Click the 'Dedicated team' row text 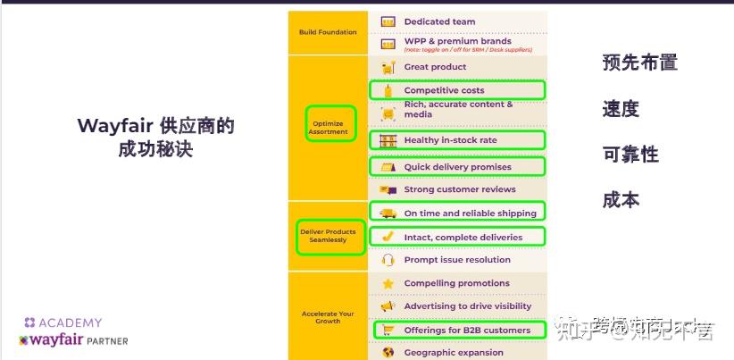point(439,21)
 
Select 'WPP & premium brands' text point(457,41)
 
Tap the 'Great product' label point(435,67)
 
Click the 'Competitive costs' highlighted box point(456,90)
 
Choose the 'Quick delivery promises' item point(456,167)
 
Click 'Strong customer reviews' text point(460,189)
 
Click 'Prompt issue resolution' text point(457,260)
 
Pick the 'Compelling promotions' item point(456,283)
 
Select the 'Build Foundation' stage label point(328,32)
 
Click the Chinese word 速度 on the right point(621,109)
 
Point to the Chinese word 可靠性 point(630,155)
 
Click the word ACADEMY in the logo point(70,322)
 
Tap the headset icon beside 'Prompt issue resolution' point(388,260)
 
